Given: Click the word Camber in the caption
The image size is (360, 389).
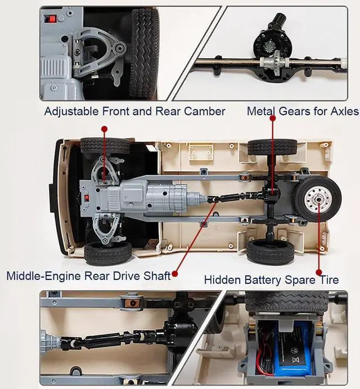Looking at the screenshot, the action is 204,111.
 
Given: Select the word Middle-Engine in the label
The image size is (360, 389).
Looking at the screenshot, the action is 44,276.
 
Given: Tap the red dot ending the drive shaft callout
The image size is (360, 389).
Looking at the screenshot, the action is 175,274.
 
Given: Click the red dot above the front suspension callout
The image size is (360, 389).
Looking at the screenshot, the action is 105,129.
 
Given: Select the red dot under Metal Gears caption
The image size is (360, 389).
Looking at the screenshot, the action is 273,119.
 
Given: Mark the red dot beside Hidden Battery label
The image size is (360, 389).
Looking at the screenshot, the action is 319,272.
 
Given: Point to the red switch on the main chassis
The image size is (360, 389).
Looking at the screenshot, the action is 87,198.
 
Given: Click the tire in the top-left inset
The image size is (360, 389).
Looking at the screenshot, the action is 144,53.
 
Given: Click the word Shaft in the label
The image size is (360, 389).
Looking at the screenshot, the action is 158,276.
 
